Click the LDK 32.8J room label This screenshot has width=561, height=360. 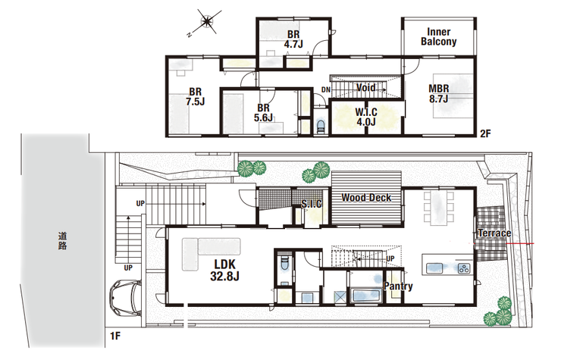[224, 270]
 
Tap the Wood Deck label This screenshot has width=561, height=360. [366, 198]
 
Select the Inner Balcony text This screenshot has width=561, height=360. [439, 37]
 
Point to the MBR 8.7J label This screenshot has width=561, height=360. [439, 93]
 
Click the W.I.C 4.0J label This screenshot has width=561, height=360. [366, 117]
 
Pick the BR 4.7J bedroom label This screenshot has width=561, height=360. [293, 39]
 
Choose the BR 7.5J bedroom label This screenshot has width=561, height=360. [196, 96]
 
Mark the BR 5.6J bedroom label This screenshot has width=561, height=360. [263, 112]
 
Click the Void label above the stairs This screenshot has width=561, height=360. [365, 88]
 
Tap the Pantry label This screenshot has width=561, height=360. [398, 286]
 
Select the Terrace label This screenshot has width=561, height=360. [494, 233]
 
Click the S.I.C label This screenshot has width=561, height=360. [312, 204]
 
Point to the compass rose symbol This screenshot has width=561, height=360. [207, 23]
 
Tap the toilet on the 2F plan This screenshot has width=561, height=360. [321, 127]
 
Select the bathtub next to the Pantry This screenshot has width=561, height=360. [367, 296]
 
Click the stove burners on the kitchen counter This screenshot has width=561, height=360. [465, 268]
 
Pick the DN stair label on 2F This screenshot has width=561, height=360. [325, 89]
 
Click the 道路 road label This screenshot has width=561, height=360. [63, 241]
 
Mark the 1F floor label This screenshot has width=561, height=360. [115, 336]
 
